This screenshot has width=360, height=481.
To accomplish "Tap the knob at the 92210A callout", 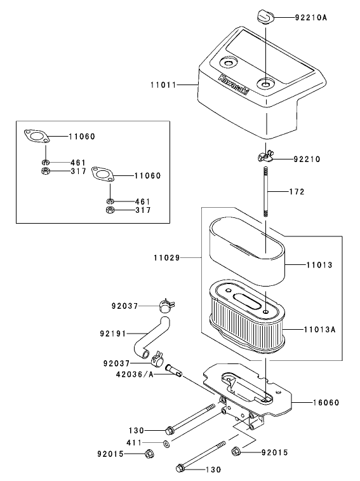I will (x=265, y=15).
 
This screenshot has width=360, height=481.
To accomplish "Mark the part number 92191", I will (x=112, y=332).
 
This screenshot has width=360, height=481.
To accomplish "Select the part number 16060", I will (x=326, y=402).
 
